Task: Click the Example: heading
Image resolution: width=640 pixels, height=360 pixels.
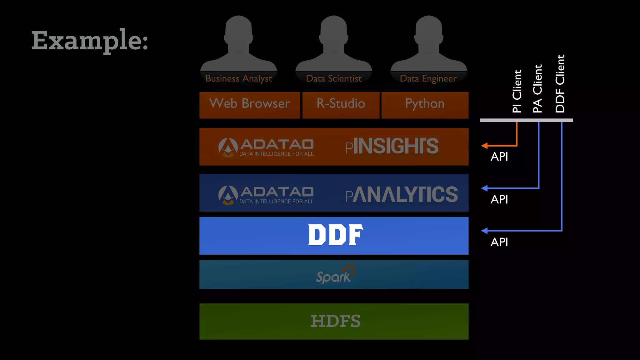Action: coord(90,40)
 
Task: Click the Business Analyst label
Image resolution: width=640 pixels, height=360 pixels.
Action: coord(238,78)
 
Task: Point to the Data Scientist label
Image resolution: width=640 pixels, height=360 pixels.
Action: coord(334,78)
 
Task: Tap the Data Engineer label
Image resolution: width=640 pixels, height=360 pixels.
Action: coord(428,78)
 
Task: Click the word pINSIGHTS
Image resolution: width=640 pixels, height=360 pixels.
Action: coord(392,146)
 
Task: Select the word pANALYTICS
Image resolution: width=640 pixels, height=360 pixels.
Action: coord(401,194)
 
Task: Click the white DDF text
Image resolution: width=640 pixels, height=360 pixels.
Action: coord(336,235)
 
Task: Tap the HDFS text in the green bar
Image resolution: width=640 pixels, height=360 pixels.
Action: coord(335,321)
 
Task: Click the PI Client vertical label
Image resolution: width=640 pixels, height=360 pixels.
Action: coord(517,91)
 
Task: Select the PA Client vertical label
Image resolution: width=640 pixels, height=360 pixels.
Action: coord(537,89)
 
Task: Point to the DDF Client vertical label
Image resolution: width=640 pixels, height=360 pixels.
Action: coord(560,84)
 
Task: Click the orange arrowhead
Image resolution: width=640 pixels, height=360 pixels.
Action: coord(484,146)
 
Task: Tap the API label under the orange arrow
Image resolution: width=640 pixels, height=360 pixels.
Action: coord(499,157)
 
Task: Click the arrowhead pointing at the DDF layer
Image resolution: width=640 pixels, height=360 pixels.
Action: coord(484,231)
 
